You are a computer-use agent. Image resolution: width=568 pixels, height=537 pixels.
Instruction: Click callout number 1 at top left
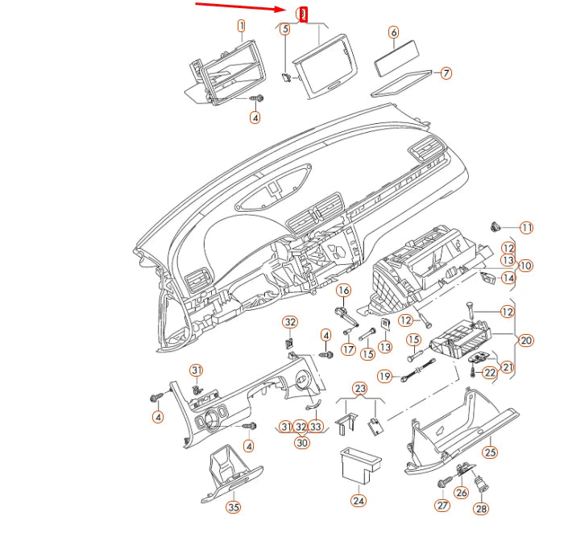click(x=240, y=27)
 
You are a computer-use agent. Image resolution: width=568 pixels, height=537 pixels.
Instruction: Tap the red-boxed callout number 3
click(x=302, y=14)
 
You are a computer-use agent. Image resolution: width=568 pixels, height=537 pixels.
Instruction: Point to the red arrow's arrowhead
click(x=287, y=10)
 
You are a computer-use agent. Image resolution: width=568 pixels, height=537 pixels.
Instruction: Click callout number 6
click(x=393, y=33)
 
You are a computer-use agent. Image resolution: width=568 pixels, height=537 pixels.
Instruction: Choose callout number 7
click(x=446, y=73)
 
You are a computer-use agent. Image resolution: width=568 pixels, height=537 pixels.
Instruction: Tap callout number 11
click(x=526, y=228)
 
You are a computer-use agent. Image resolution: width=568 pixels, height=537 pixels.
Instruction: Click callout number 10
click(x=525, y=266)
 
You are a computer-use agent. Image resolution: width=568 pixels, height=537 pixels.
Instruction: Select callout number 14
click(x=508, y=278)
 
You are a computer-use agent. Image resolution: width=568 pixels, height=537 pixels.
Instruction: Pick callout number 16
click(x=343, y=290)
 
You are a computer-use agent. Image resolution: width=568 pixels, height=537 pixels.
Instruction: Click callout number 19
click(x=385, y=376)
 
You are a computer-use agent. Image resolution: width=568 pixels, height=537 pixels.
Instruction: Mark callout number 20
click(x=525, y=341)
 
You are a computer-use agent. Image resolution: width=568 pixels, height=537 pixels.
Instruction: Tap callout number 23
click(x=359, y=388)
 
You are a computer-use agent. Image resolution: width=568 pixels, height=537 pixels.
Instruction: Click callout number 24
click(x=358, y=500)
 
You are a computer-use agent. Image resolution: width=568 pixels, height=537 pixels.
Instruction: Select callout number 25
click(x=490, y=452)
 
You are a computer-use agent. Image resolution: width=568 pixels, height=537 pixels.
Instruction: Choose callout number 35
click(x=233, y=506)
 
